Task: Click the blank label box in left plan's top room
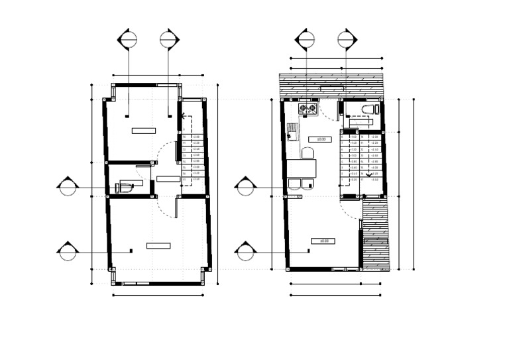[x=144, y=131]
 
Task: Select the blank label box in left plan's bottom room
[x=158, y=245]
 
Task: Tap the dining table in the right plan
[x=302, y=169]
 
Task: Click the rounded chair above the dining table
[x=306, y=154]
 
